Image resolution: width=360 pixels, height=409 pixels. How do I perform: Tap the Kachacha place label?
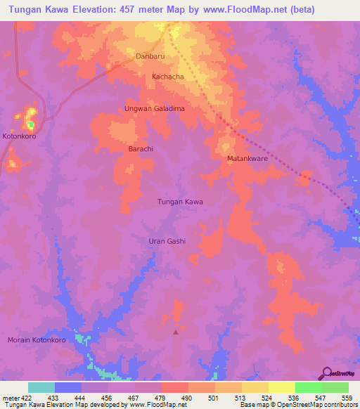coord(168,76)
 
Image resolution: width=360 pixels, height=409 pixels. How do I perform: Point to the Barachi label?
coord(141,149)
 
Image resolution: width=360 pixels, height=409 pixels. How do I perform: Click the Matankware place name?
coord(247,159)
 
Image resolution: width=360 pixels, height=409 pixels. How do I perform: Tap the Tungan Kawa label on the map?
coord(179,202)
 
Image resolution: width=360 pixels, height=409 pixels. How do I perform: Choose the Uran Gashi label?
coord(167,241)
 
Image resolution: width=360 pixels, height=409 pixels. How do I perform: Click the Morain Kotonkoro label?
coord(37,340)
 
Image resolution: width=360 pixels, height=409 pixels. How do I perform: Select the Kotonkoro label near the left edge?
coord(19,136)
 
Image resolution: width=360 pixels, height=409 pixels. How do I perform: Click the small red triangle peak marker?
coord(176,332)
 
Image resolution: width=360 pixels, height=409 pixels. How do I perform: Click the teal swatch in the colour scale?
coord(41,387)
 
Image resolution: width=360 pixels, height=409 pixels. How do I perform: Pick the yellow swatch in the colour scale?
coord(281,387)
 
